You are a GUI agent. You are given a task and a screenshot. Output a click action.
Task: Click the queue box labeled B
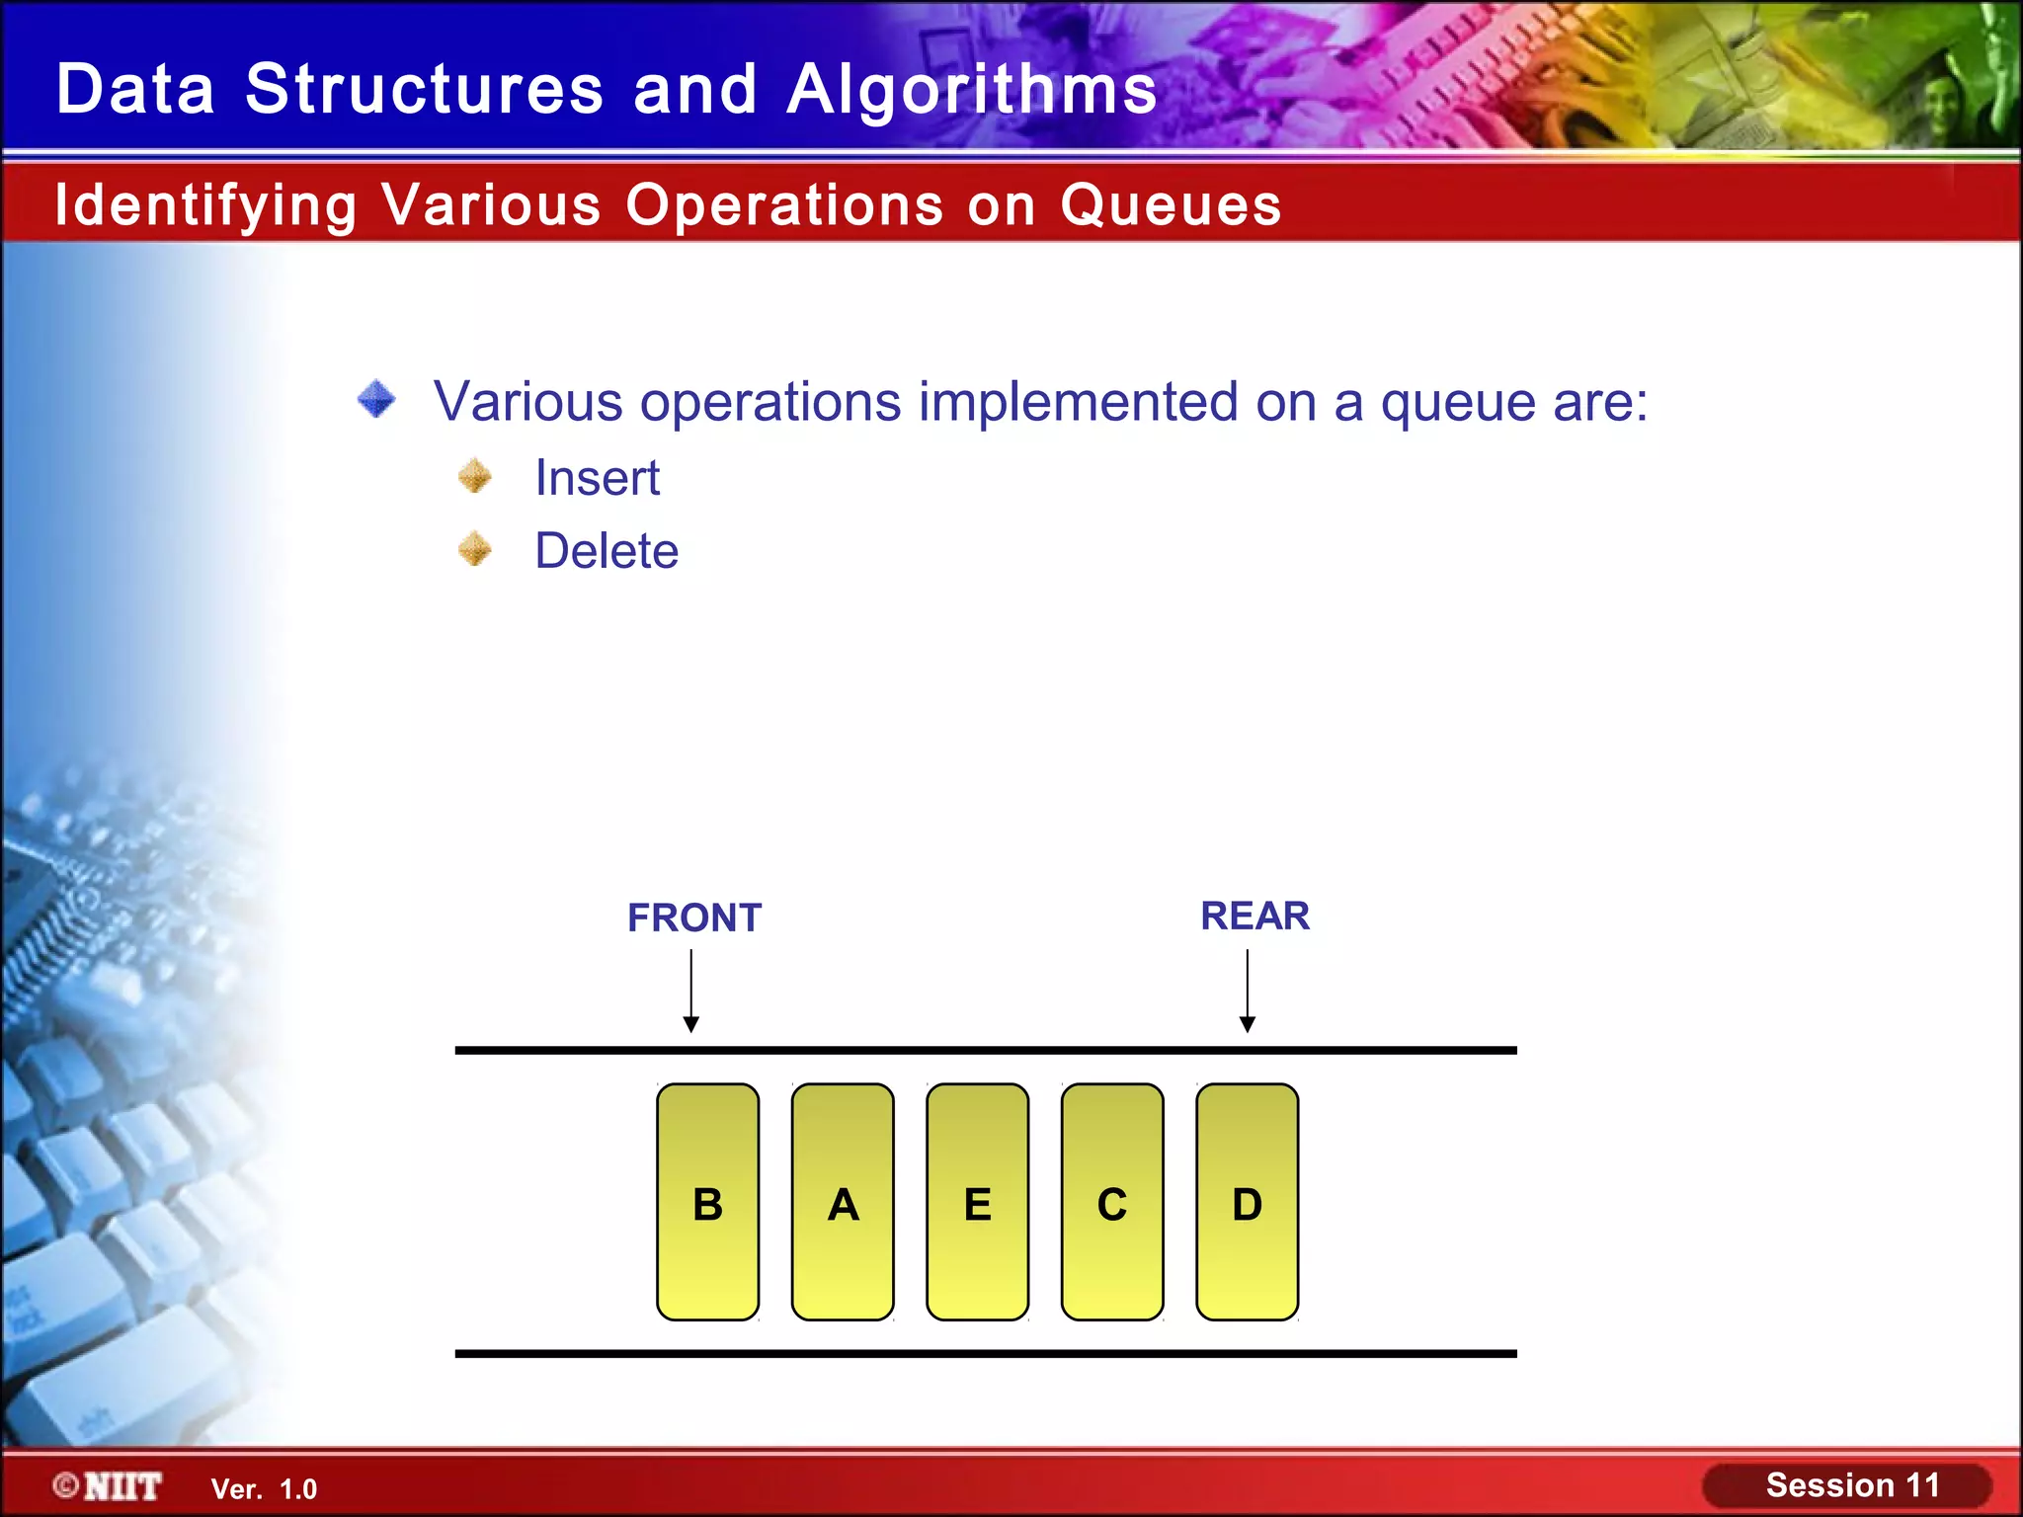click(707, 1202)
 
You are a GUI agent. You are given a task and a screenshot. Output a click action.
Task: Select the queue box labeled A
click(843, 1202)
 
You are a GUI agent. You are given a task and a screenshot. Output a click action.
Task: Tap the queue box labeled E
click(977, 1202)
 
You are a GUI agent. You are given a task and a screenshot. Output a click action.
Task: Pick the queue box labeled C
click(1112, 1202)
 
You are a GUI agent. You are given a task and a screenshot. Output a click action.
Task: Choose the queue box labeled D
click(1247, 1202)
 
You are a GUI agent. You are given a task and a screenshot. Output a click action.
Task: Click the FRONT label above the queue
click(694, 918)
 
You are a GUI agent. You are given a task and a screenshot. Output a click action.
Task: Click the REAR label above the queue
click(1254, 916)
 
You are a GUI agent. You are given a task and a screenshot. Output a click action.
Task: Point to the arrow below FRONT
click(691, 991)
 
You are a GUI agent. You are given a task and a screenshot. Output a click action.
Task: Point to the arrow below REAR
click(1248, 991)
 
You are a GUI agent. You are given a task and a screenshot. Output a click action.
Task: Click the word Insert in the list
click(597, 478)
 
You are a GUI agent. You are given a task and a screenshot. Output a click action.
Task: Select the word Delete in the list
click(607, 551)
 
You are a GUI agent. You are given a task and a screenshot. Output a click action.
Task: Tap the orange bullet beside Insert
click(475, 476)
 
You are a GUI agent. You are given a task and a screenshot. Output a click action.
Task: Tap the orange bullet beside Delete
click(475, 549)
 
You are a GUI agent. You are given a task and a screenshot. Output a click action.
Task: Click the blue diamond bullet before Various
click(376, 400)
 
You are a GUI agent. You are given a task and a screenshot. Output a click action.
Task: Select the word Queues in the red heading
click(1171, 205)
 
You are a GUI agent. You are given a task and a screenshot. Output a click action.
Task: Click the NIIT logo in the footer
click(109, 1486)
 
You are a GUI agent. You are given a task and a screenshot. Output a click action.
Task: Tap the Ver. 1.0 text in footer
click(264, 1489)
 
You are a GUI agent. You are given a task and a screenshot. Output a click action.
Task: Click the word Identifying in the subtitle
click(204, 205)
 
